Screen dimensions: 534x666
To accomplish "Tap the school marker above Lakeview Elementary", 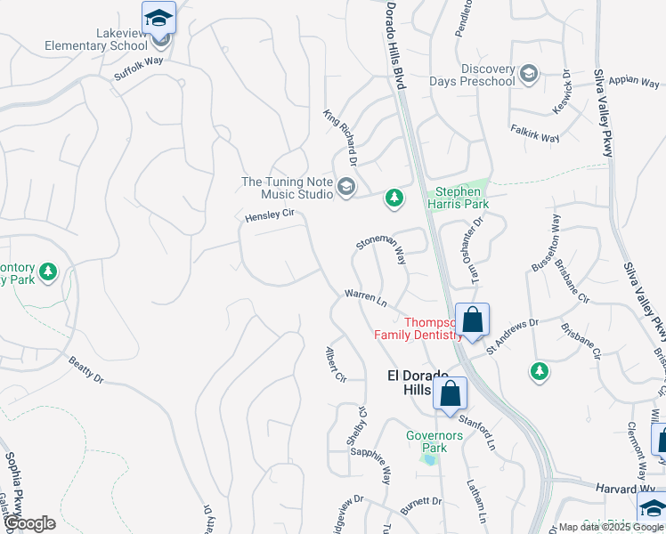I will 158,18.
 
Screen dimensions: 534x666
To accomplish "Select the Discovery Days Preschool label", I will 488,76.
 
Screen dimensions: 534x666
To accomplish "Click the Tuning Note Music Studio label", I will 286,188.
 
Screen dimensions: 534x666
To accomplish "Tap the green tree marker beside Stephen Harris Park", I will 394,198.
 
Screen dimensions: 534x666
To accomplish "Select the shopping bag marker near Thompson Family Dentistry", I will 472,320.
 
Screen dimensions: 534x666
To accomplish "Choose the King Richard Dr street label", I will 339,137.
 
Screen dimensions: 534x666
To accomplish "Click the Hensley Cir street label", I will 270,216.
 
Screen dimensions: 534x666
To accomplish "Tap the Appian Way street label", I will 634,79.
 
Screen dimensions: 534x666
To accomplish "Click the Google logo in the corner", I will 30,523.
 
